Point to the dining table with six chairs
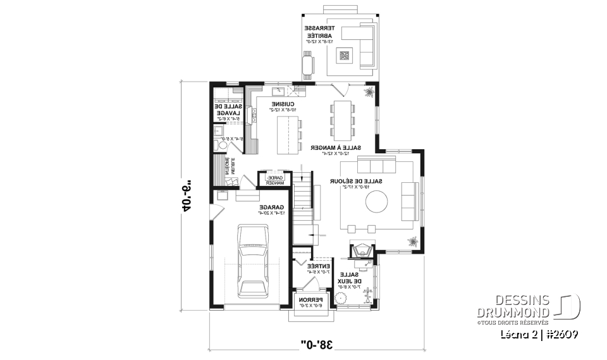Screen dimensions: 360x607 (x=342, y=121)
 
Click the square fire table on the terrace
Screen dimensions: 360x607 (x=344, y=56)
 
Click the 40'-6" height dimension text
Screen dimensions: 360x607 (x=187, y=197)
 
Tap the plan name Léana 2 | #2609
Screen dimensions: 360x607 (x=539, y=333)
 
